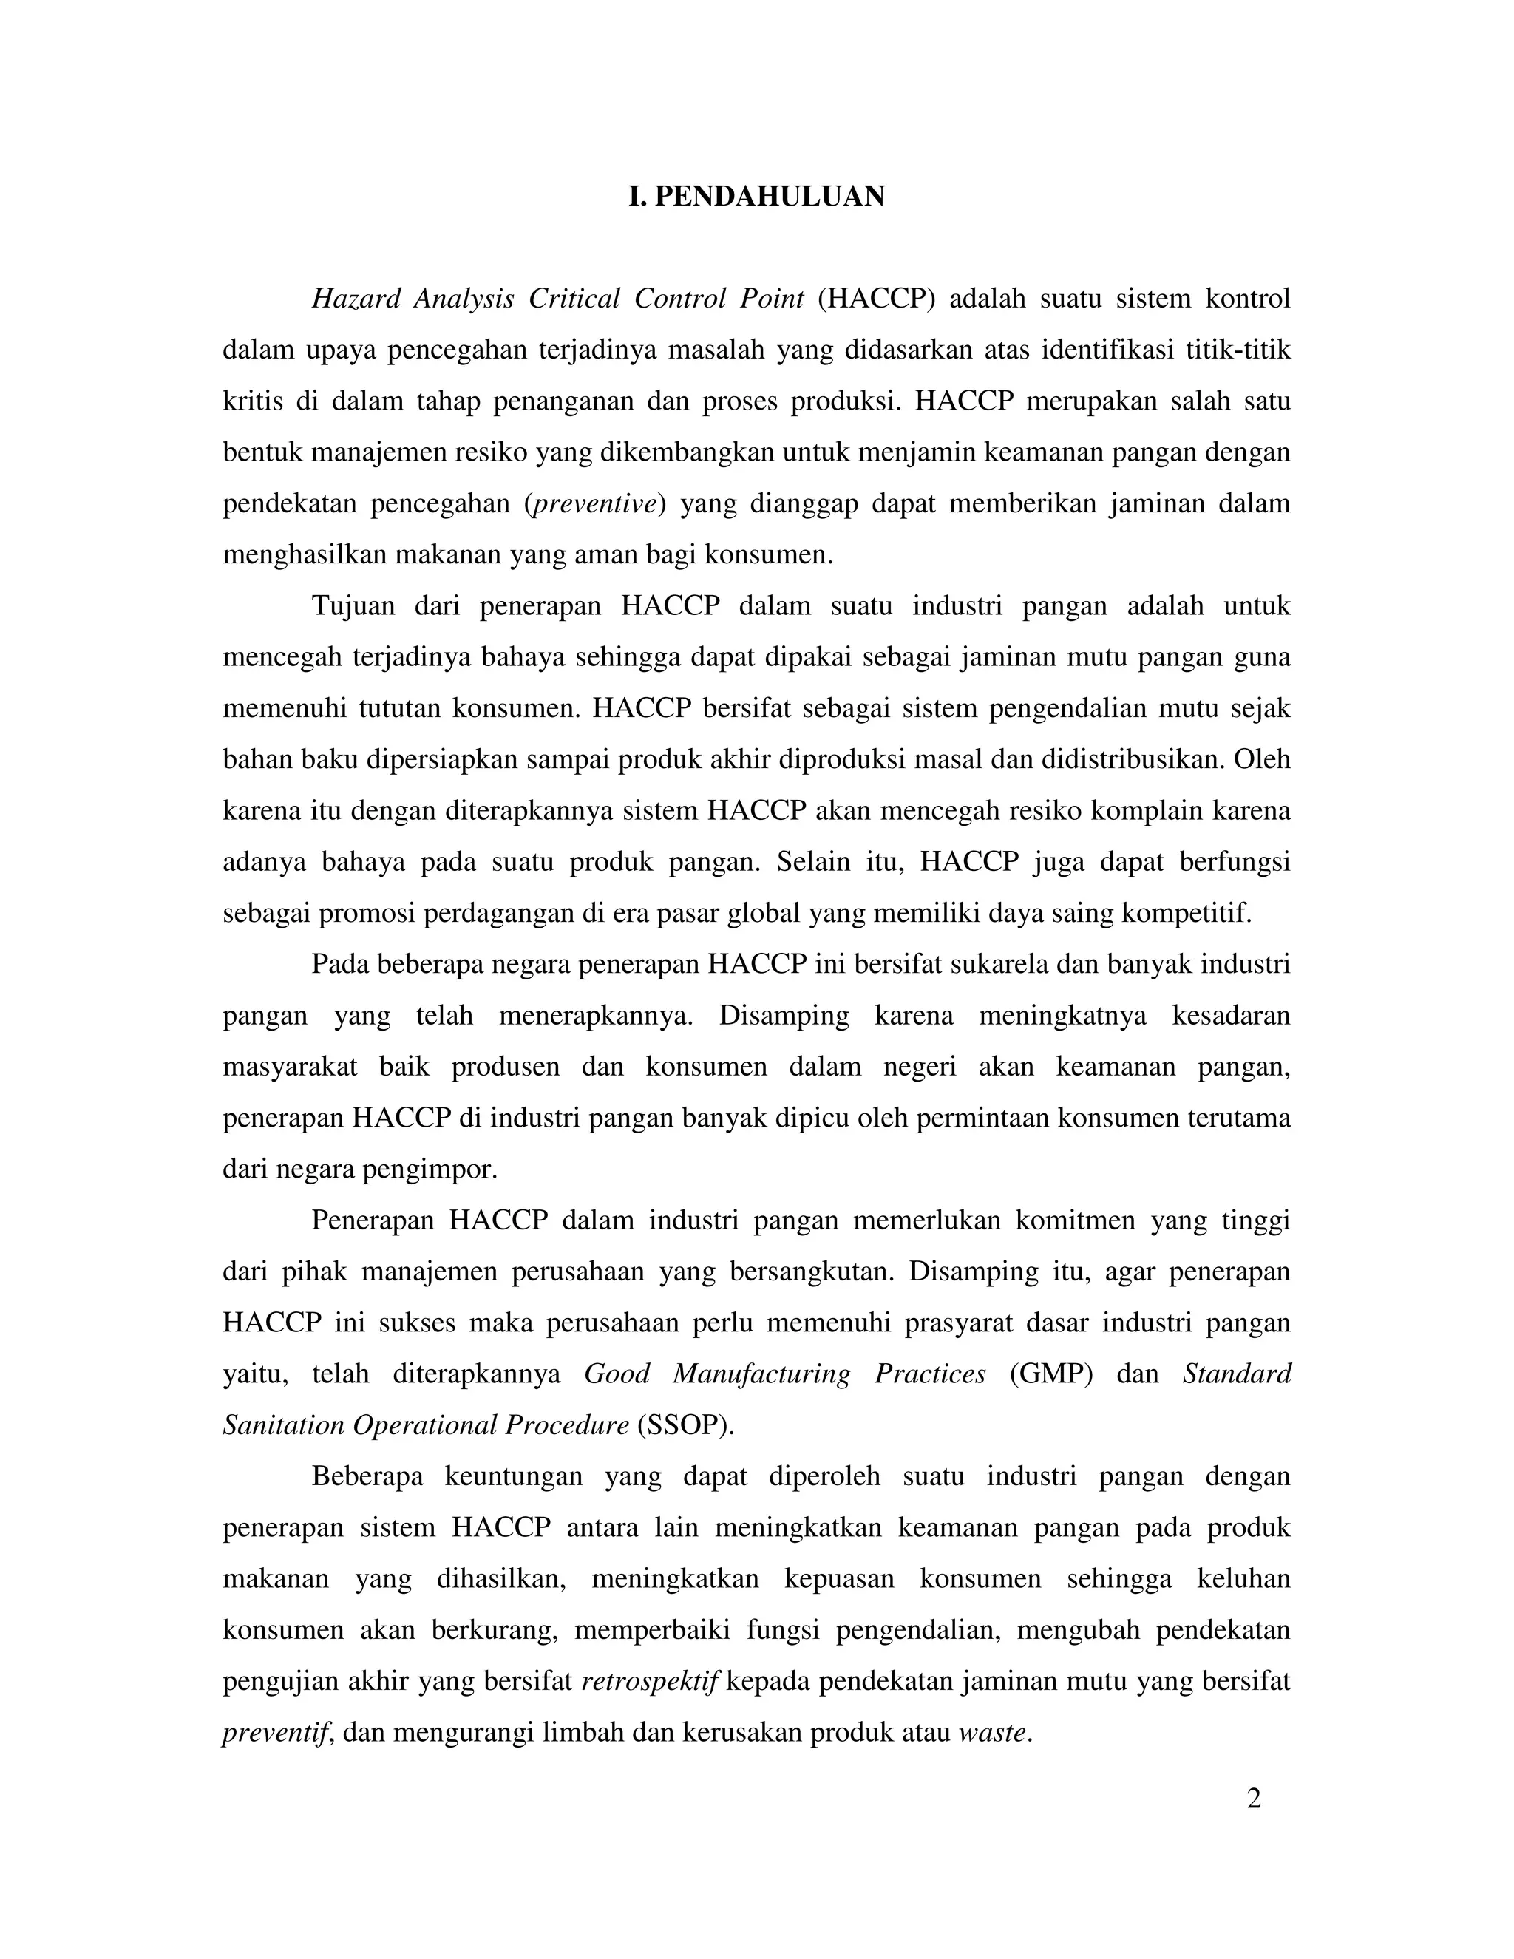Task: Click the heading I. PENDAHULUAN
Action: pos(756,197)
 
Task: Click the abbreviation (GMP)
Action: pos(1050,1374)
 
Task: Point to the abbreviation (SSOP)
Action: pos(685,1425)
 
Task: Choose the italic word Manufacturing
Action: pos(761,1374)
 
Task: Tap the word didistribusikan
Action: pos(1132,759)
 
